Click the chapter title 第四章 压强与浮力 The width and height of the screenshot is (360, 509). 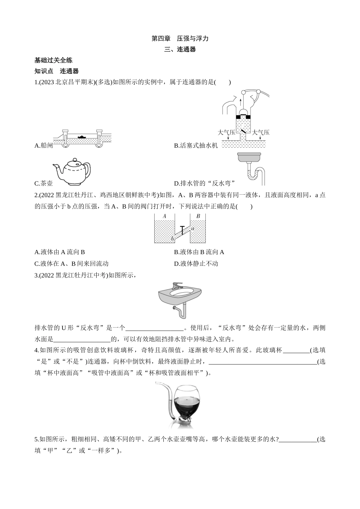180,38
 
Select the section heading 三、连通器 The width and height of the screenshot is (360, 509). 180,49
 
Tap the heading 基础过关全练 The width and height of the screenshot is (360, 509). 53,60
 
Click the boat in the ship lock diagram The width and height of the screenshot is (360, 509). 81,136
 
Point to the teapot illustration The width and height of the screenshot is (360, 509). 73,171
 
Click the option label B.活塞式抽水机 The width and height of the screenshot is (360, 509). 196,145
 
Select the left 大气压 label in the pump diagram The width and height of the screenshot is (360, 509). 226,133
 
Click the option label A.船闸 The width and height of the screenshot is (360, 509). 44,145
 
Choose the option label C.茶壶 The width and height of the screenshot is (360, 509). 44,184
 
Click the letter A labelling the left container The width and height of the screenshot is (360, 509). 164,216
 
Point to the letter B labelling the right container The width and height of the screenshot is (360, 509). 198,216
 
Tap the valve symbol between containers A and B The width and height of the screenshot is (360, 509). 183,229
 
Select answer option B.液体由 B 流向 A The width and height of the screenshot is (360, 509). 199,252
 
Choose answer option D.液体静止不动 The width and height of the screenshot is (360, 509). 196,264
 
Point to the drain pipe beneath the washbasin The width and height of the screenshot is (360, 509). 182,309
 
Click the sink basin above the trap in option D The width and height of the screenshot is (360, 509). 249,156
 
